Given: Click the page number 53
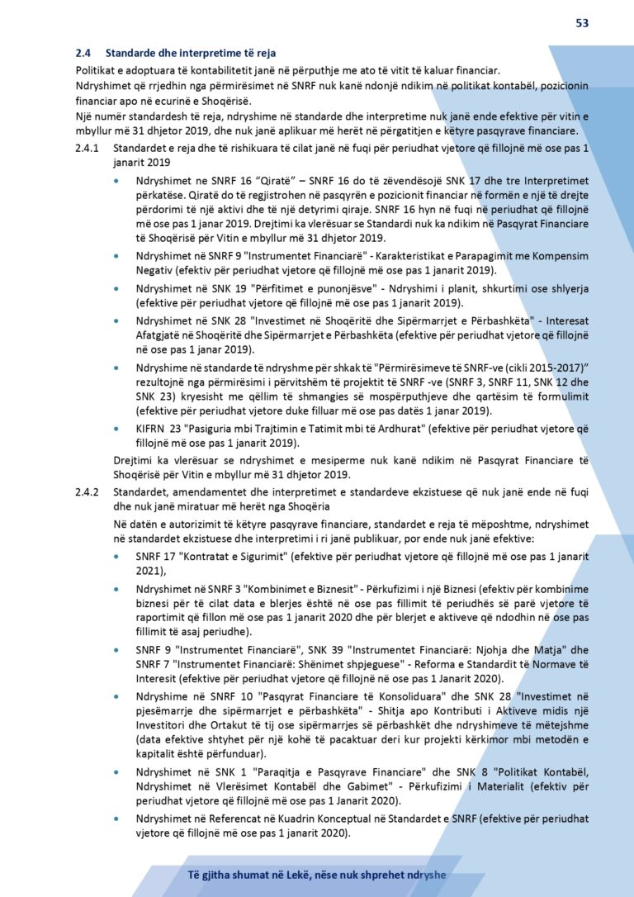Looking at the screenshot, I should pos(582,23).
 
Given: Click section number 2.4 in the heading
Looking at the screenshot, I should pos(83,53).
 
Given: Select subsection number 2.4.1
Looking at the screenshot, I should pos(87,149).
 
